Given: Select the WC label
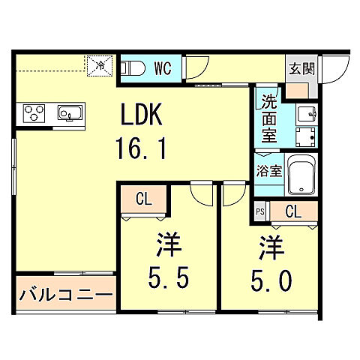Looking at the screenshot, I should point(163,67).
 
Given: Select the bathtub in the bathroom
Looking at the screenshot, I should point(304,175).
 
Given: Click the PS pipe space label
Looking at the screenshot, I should point(260,211).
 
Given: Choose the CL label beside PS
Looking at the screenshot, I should point(293,211).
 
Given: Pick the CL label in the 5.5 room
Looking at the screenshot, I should point(144,199).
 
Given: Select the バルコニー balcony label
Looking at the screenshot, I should point(66,291).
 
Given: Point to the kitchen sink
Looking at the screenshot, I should point(70,113).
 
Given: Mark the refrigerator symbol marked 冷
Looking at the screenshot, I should point(99,65).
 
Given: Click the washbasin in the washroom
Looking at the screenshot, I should point(305,114).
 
